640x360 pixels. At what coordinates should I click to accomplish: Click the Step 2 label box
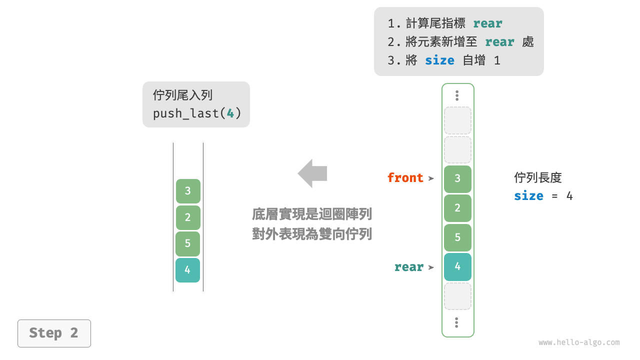point(54,333)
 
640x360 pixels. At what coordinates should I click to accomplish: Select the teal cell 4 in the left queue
point(187,270)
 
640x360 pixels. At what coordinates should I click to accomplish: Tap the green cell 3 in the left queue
point(187,191)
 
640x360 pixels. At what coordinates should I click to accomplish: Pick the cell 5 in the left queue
point(187,243)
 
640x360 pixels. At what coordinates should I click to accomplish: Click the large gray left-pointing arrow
point(312,173)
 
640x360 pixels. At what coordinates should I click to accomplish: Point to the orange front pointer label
point(405,178)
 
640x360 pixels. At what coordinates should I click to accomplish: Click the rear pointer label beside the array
point(408,267)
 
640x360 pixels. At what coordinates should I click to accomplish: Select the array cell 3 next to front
point(457,179)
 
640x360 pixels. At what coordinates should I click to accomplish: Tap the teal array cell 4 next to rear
point(457,266)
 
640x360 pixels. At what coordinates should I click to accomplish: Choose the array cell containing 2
point(457,208)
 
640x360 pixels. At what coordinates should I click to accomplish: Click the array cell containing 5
point(457,237)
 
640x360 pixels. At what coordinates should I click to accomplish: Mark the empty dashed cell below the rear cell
point(457,296)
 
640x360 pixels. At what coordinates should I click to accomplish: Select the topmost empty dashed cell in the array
point(457,120)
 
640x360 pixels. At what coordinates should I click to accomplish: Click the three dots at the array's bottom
point(456,322)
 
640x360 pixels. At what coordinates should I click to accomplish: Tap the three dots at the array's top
point(457,95)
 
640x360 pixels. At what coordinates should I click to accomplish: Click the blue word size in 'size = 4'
point(528,196)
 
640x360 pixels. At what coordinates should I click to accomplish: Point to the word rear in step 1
point(487,23)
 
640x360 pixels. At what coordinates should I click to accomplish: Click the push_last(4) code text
point(197,113)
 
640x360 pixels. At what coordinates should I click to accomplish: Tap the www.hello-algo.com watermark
point(579,342)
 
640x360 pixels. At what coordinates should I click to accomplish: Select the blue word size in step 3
point(439,60)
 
